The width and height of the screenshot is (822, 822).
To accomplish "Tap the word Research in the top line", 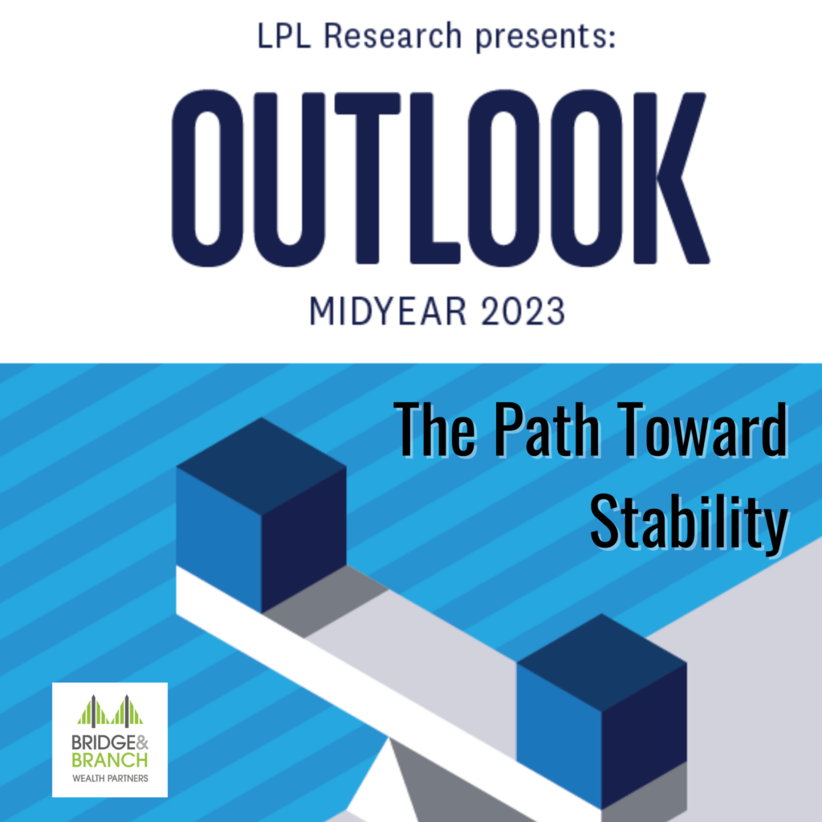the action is [x=393, y=36].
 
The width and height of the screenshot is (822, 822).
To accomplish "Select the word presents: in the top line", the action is [x=545, y=39].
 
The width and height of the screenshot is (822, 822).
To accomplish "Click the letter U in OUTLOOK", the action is [x=289, y=178].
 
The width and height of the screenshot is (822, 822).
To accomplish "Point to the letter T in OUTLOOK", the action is [x=368, y=178].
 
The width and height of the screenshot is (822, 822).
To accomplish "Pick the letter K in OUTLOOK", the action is [x=672, y=178].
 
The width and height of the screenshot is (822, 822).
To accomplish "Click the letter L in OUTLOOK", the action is [x=434, y=178].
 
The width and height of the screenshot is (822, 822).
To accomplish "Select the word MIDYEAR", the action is [x=388, y=311].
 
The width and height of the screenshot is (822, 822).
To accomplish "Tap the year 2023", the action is [x=523, y=311].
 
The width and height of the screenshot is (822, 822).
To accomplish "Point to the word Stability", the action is [x=690, y=522].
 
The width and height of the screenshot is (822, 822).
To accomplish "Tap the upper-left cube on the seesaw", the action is [x=261, y=515].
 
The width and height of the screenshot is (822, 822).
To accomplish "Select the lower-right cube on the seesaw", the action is [x=602, y=711].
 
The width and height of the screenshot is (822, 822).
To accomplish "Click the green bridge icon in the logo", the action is [x=110, y=711].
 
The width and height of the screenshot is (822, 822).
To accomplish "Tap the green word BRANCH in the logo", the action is [x=109, y=759].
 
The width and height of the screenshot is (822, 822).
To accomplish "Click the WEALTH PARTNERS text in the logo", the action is [x=110, y=779].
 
